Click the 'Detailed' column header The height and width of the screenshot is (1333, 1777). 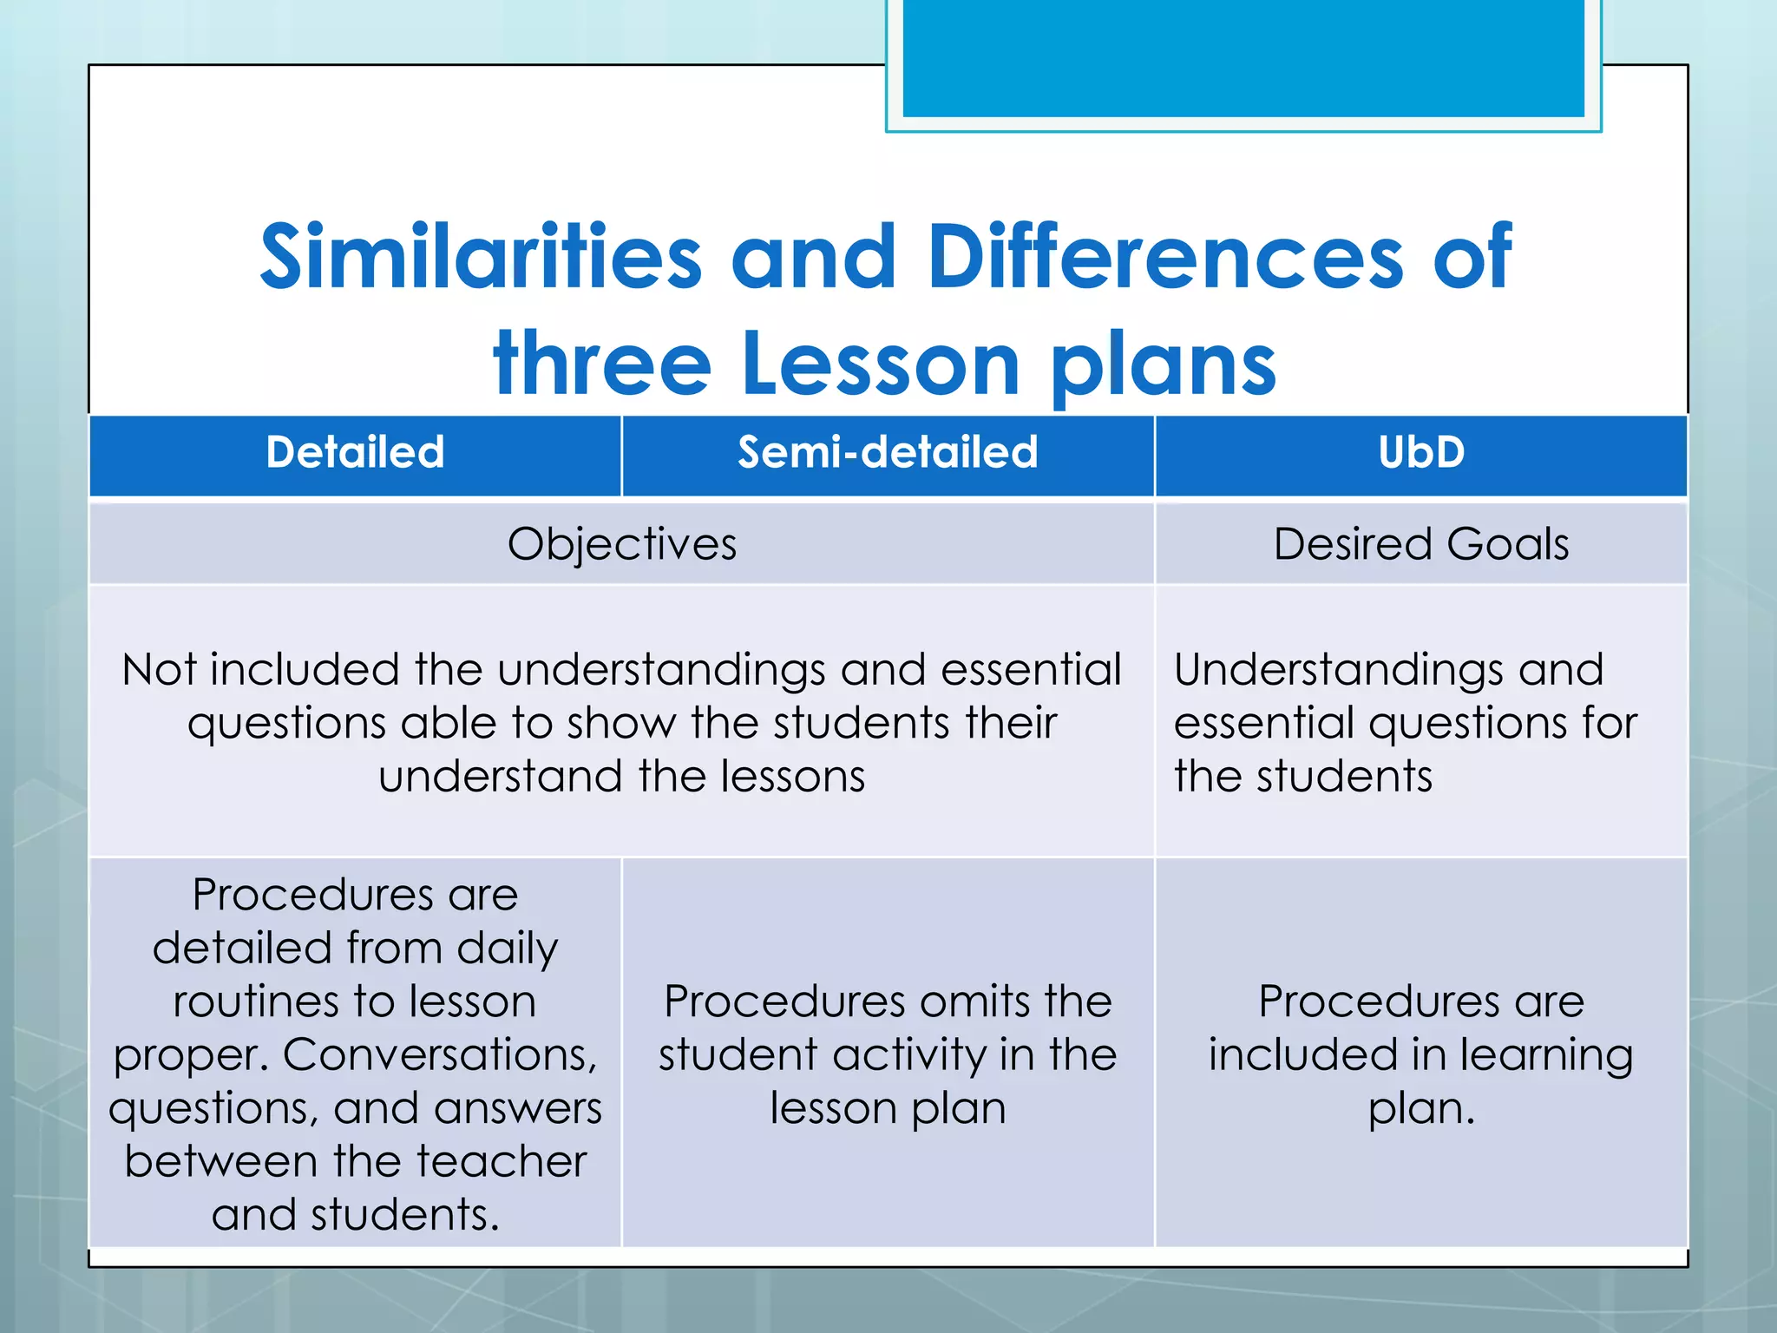355,452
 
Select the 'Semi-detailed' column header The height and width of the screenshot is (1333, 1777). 888,452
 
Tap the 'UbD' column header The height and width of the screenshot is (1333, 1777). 1420,452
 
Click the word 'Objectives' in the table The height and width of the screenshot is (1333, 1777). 621,545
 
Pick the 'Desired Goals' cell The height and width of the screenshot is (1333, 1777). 1420,545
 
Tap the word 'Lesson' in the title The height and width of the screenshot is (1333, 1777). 880,364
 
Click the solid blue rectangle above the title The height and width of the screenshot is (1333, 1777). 1243,57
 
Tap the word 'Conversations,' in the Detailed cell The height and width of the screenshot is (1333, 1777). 440,1055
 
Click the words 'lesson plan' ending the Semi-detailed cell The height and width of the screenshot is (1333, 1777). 888,1109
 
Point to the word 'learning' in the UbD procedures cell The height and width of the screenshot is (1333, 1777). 1545,1056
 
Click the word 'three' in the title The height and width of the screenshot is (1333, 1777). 602,364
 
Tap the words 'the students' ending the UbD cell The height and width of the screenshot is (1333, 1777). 1302,777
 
